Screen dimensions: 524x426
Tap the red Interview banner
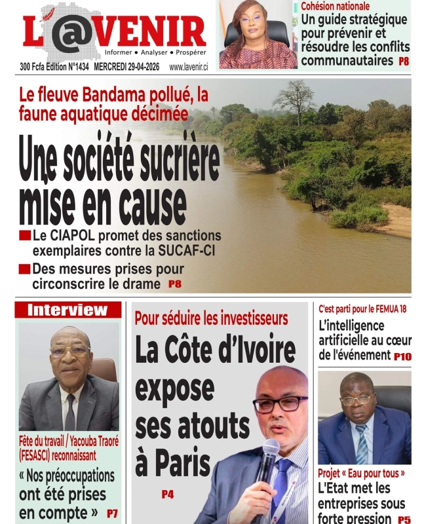click(x=68, y=310)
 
